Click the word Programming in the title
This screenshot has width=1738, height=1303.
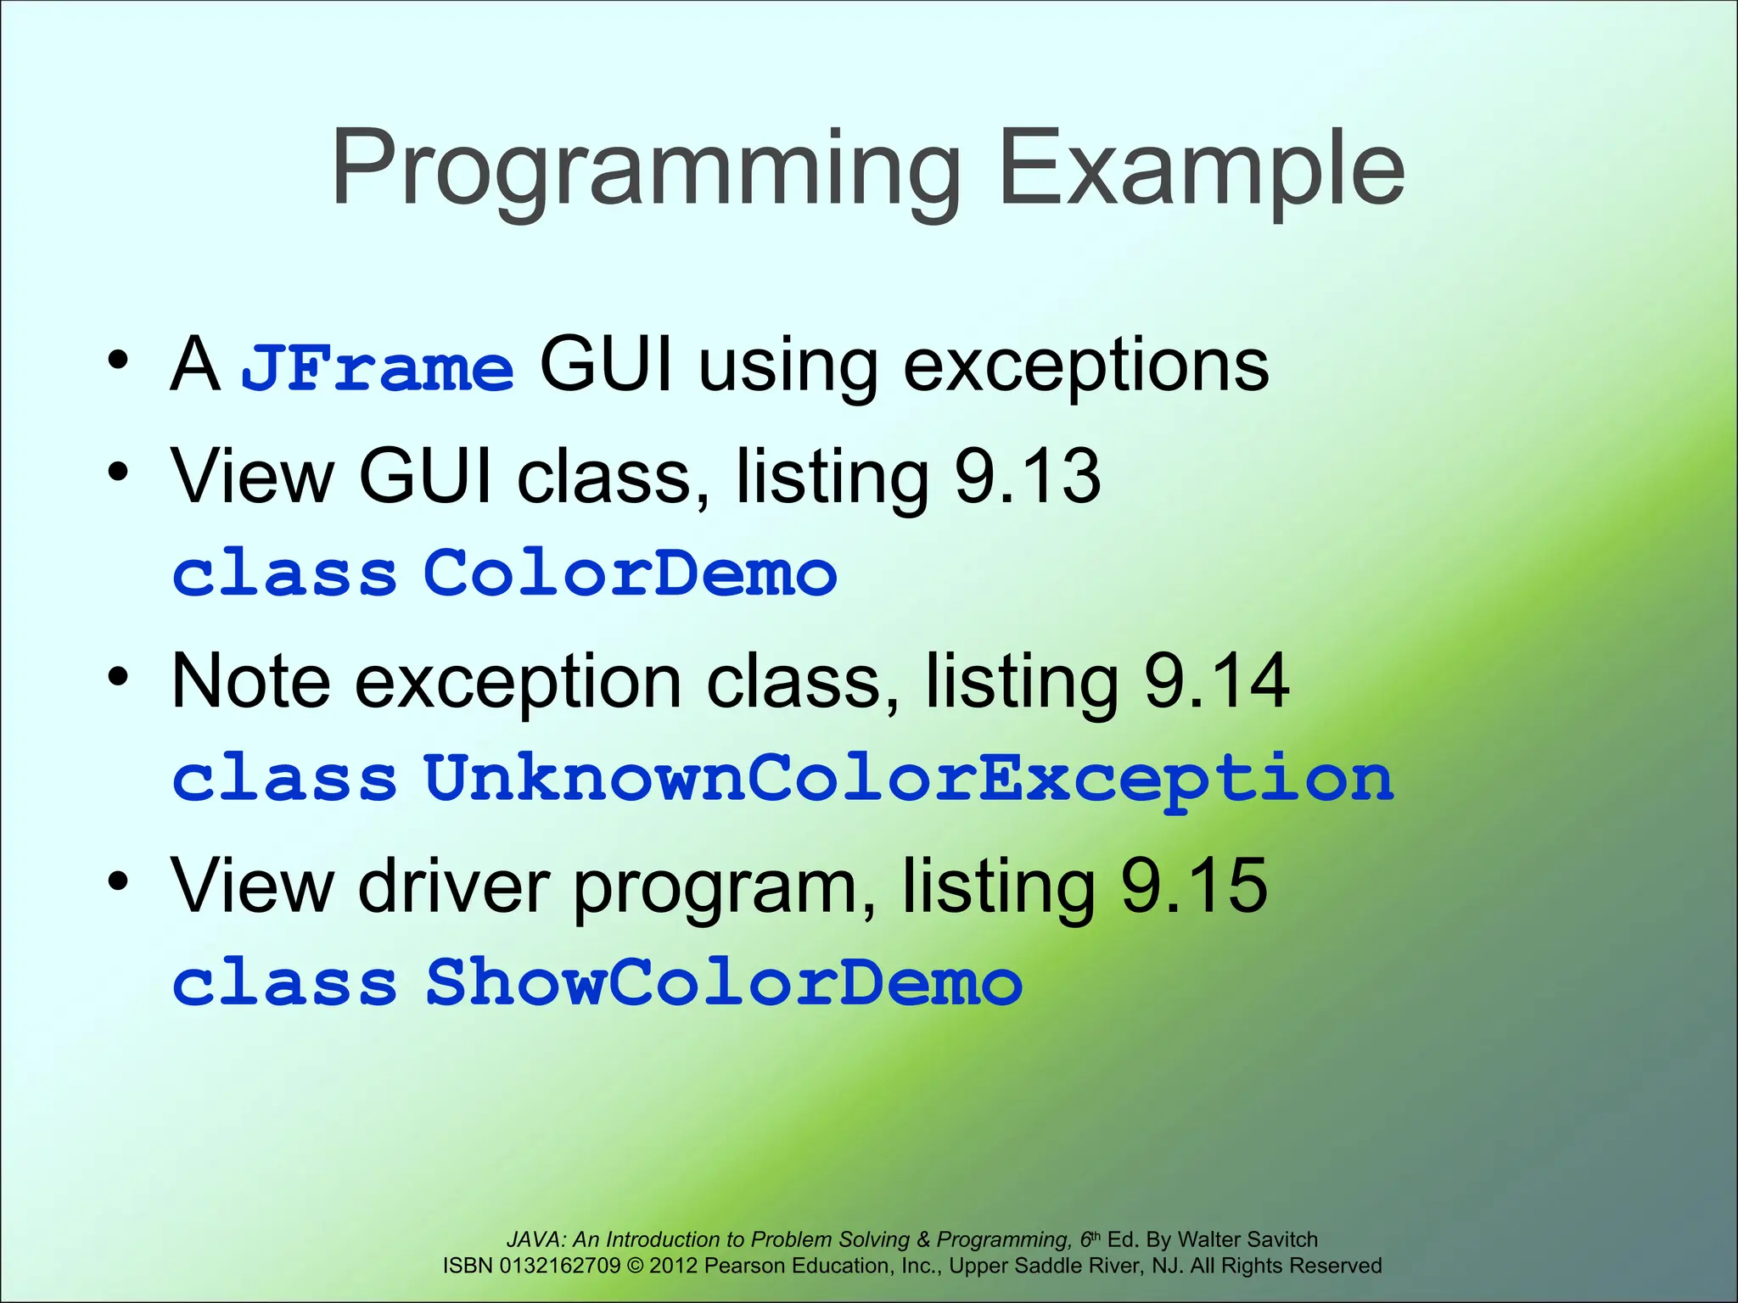coord(645,170)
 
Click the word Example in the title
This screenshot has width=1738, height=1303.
coord(1202,170)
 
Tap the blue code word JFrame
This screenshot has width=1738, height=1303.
coord(377,368)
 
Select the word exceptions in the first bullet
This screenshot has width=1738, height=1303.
coord(1086,366)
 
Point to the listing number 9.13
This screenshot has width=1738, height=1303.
coord(1028,476)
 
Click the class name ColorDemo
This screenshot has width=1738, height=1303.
coord(630,573)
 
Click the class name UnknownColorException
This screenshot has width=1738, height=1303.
coord(908,778)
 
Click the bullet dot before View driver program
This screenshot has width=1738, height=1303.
coord(118,882)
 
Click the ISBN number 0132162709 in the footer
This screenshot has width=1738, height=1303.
coord(560,1266)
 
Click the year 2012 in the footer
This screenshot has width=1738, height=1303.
coord(674,1266)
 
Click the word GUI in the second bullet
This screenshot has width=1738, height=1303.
coord(425,476)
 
